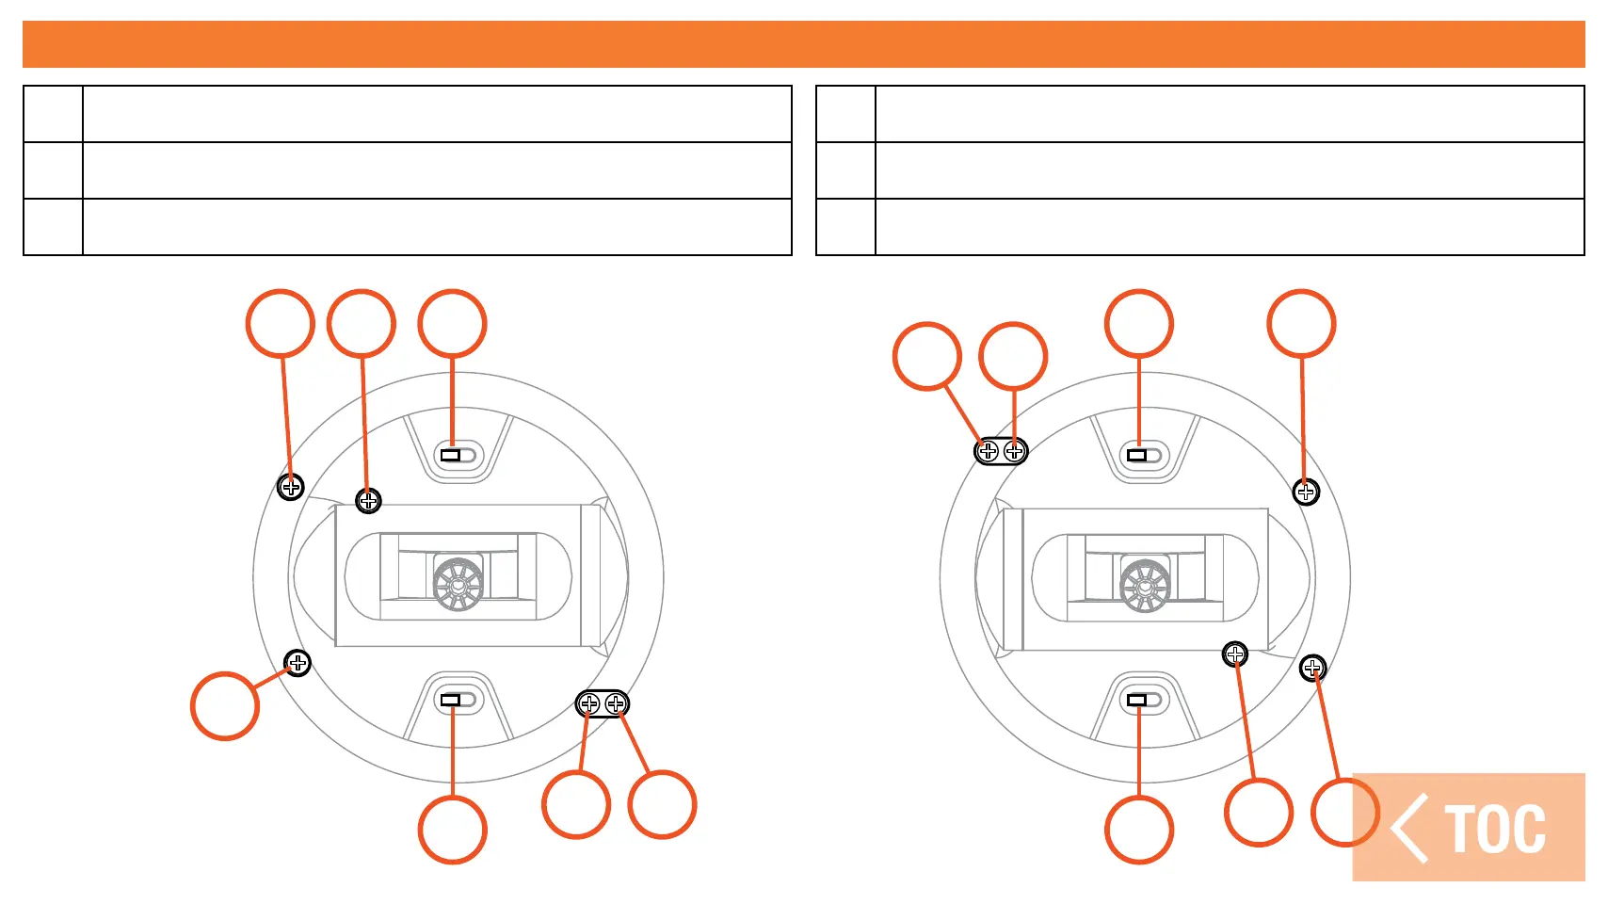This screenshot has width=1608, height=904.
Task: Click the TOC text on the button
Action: coord(1495,830)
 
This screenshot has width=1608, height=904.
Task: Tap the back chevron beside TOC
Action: coord(1410,829)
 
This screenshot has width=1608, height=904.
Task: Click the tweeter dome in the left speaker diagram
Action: coord(458,584)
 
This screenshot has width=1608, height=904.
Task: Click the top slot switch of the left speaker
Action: coord(452,456)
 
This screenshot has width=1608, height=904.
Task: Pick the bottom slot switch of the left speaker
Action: coord(452,700)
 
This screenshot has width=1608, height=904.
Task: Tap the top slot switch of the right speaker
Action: coord(1138,456)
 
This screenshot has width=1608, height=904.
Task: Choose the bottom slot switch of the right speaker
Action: coord(1138,700)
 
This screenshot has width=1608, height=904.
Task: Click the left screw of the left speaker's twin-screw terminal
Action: coord(589,703)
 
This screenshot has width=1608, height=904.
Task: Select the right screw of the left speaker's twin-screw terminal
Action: coord(616,703)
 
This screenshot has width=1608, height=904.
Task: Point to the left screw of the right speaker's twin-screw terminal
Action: coord(988,452)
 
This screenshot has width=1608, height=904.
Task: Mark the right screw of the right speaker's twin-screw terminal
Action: coord(1014,452)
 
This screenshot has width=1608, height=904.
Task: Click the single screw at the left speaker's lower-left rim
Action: coord(297,663)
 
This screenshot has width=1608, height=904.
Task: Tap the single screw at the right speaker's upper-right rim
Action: coord(1306,492)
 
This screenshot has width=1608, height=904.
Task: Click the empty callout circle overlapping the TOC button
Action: coord(1345,812)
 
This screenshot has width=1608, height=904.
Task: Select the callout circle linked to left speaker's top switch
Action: coord(453,324)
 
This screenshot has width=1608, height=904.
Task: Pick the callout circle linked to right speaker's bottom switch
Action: coord(1139,830)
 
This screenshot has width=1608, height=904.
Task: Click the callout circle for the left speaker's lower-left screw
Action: coord(225,706)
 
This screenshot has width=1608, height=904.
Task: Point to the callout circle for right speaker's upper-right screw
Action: coord(1302,324)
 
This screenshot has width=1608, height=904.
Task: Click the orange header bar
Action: coord(804,44)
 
